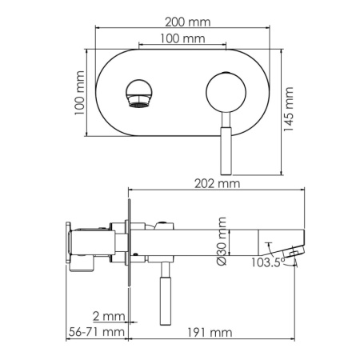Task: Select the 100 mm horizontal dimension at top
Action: click(182, 38)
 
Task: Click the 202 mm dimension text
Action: click(217, 183)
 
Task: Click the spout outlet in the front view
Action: click(138, 93)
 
